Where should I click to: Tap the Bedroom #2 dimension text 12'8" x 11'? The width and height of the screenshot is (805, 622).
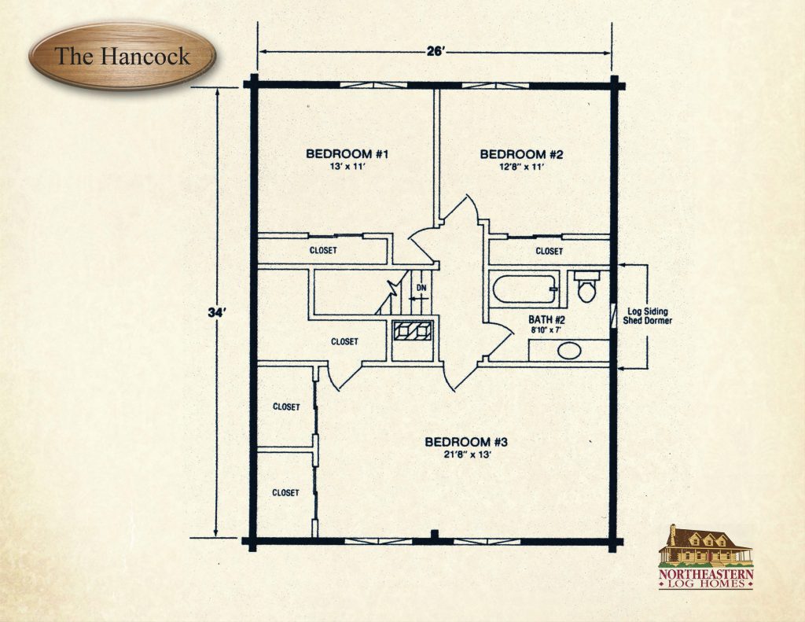(x=513, y=167)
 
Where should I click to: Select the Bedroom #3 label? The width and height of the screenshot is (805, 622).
(x=461, y=441)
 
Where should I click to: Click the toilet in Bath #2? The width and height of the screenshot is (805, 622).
(x=586, y=288)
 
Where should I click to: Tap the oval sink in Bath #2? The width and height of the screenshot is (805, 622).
(x=570, y=351)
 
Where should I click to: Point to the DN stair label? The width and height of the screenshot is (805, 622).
(x=421, y=288)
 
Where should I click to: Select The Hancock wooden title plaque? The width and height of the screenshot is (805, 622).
(x=122, y=57)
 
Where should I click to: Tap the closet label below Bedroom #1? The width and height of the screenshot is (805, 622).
(x=322, y=251)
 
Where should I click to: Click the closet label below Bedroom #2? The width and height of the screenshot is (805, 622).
(x=549, y=252)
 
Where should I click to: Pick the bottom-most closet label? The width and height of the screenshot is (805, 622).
(x=285, y=493)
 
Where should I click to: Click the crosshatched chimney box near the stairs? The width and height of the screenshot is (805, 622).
(x=412, y=331)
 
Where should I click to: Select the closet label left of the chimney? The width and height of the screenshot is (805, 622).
(x=344, y=341)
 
